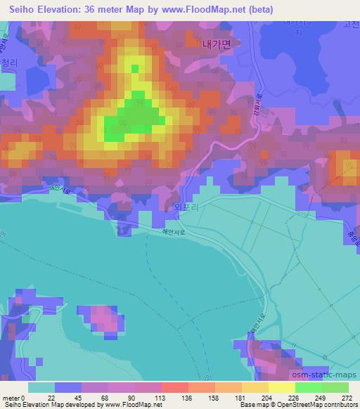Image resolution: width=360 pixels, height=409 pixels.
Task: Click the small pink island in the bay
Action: click(103, 320)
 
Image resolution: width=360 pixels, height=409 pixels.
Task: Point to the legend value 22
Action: click(51, 398)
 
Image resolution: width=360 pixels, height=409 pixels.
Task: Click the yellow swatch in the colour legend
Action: click(282, 387)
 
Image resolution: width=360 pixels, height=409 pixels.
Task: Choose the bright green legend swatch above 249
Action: click(309, 387)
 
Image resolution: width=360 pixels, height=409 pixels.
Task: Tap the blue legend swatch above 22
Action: click(68, 387)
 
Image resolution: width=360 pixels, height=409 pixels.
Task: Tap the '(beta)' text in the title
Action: click(258, 9)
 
